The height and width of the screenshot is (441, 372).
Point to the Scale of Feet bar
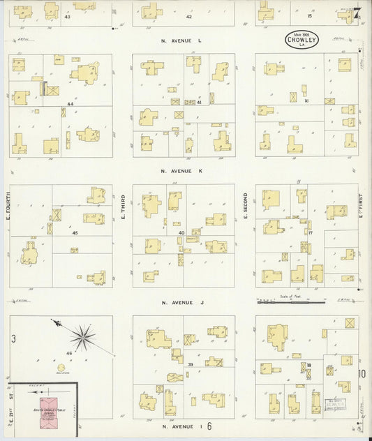pos(283,302)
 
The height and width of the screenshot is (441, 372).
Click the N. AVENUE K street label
pos(181,171)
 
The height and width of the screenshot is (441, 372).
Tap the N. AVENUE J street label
pos(181,303)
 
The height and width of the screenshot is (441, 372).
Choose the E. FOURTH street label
pos(8,207)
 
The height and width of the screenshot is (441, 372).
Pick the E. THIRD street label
pos(123,207)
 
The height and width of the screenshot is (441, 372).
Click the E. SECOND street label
pos(246,207)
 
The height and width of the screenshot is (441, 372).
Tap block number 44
pos(70,103)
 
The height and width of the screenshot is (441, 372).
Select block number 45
pos(75,233)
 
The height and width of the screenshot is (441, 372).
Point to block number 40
pos(181,233)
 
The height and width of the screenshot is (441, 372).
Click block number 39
pos(190,364)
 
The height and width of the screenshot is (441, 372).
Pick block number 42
pos(188,16)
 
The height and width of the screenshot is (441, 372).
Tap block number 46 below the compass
pos(69,354)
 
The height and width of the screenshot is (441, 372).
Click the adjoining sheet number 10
pos(362,374)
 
